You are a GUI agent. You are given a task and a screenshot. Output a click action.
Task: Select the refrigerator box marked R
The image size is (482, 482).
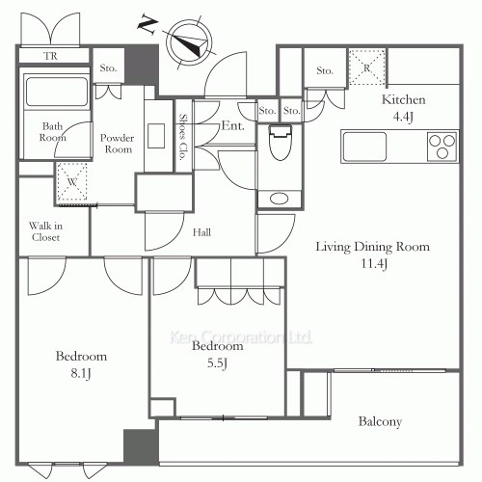[x=366, y=66]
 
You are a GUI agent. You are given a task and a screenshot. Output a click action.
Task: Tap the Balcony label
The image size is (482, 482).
[x=380, y=421]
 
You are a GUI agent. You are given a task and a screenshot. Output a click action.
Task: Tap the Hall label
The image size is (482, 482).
[x=201, y=231]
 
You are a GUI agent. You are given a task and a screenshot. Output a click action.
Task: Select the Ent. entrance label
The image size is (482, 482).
[x=231, y=125]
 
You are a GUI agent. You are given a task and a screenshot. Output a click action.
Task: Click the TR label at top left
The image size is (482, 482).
[x=51, y=57]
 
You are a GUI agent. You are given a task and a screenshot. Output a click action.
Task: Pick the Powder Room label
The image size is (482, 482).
[x=117, y=144]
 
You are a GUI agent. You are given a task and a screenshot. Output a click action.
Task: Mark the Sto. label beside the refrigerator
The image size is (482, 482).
[x=325, y=70]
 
